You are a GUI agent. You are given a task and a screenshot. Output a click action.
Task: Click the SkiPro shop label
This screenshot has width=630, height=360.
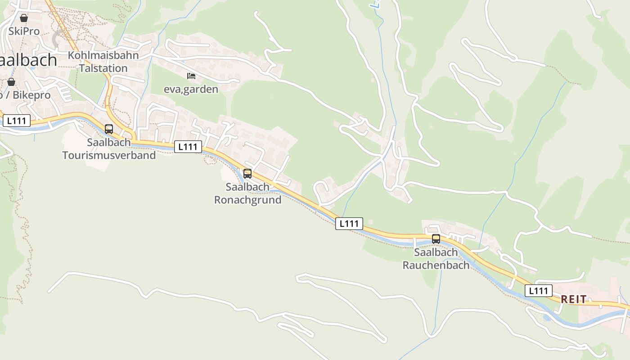click(24, 31)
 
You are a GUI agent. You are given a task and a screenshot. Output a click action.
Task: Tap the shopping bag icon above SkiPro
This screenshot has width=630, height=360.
click(24, 18)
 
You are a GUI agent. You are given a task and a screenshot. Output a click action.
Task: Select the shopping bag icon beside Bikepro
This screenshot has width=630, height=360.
click(11, 82)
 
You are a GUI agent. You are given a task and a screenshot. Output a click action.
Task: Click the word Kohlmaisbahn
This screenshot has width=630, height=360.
click(103, 55)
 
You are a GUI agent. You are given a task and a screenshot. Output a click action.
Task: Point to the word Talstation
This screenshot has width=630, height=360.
click(103, 68)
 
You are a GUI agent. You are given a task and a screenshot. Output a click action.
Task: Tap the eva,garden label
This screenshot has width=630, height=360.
click(191, 89)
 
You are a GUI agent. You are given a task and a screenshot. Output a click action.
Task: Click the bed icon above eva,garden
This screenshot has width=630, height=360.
click(191, 76)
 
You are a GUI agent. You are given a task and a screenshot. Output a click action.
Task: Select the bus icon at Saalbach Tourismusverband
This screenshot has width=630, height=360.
click(109, 129)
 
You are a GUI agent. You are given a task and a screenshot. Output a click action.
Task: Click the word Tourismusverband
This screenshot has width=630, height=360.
click(109, 155)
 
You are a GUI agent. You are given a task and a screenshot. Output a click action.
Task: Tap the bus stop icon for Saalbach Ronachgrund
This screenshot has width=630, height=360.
click(247, 173)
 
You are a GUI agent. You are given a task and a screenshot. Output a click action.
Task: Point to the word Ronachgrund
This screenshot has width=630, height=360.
click(247, 200)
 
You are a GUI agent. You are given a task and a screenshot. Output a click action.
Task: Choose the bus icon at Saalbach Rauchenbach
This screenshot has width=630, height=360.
click(436, 239)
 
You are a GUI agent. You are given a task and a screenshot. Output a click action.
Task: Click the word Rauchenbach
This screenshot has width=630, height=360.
click(436, 265)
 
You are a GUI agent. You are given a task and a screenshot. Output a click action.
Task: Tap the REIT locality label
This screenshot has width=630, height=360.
click(574, 299)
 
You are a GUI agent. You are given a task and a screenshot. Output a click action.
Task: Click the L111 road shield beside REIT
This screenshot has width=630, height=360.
click(538, 291)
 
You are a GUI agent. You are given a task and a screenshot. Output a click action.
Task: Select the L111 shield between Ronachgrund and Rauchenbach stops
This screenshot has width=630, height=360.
click(349, 224)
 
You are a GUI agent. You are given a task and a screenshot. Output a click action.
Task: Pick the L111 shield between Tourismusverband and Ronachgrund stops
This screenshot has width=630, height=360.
click(188, 147)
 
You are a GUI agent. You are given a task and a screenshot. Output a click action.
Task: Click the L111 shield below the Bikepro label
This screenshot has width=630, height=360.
click(17, 121)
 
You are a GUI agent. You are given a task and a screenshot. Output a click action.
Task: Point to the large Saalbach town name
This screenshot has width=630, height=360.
click(29, 60)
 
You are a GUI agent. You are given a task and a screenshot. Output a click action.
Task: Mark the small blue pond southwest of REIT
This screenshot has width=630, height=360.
click(546, 318)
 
